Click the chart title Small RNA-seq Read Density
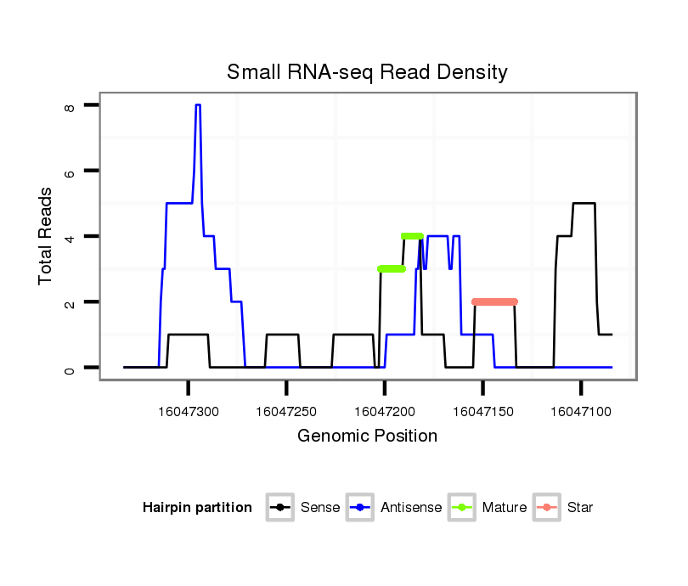point(367,72)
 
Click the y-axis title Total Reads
point(46,235)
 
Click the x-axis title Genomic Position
point(367,437)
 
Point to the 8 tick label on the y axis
point(70,106)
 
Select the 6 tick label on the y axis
point(70,172)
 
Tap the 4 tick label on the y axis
point(70,237)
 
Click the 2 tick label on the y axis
point(70,303)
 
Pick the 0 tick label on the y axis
point(70,369)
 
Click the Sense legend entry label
point(320,508)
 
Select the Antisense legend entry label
point(411,508)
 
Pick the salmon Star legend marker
point(547,508)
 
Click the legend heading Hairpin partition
point(197,508)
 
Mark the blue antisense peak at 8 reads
point(198,105)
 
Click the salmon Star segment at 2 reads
point(494,301)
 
